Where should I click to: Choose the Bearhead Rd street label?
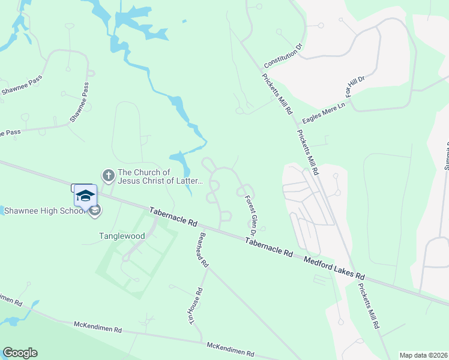(x=203, y=250)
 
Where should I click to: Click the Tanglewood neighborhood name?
(x=122, y=236)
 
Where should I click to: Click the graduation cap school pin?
(x=85, y=195)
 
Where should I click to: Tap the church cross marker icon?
(x=108, y=176)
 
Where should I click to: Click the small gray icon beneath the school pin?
(x=95, y=210)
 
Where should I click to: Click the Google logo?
(x=20, y=353)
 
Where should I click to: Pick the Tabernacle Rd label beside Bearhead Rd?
(x=173, y=217)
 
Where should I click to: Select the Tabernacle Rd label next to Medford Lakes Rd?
(x=268, y=247)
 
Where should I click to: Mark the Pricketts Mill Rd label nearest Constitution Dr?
(x=277, y=94)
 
